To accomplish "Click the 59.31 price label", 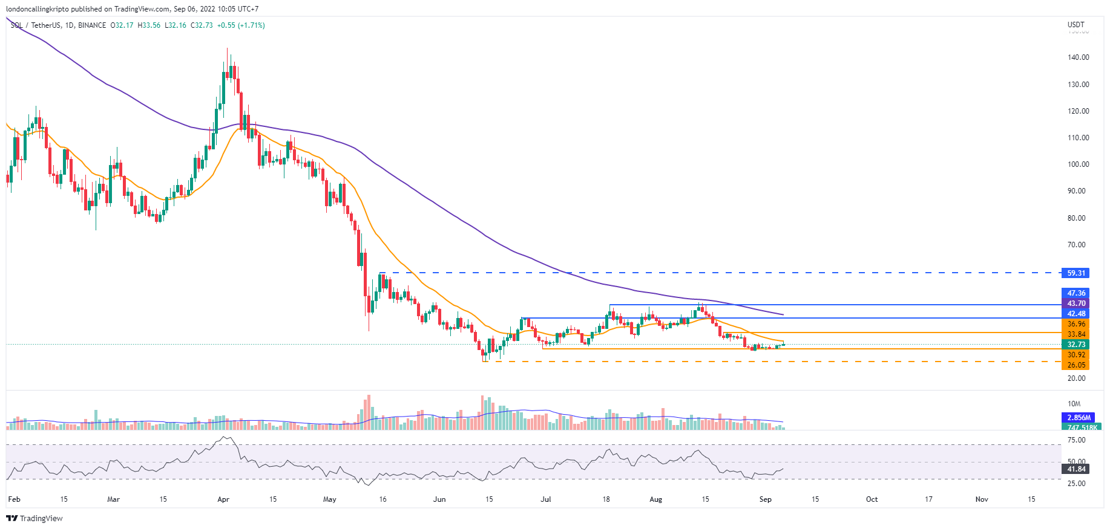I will [1076, 273].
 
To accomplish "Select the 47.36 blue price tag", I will [1076, 293].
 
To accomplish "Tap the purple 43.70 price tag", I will [1076, 303].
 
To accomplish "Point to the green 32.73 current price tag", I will [1076, 345].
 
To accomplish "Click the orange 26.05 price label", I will [1076, 365].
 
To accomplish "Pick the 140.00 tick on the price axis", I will [1078, 57].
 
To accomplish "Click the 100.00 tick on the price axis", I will [1078, 164].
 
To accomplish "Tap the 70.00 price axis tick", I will [1076, 245].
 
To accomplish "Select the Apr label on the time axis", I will [223, 499].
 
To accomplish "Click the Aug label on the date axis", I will [655, 499].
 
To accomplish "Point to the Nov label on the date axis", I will [982, 499].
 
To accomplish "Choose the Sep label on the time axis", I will [765, 499].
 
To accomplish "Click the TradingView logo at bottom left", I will [34, 518].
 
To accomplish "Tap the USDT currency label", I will [1076, 25].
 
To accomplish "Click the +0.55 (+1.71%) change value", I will [241, 25].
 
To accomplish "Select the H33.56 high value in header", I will [149, 25].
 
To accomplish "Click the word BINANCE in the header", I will [92, 25].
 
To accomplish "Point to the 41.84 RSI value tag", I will [1076, 469].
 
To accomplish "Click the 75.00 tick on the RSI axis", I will [1076, 440].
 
